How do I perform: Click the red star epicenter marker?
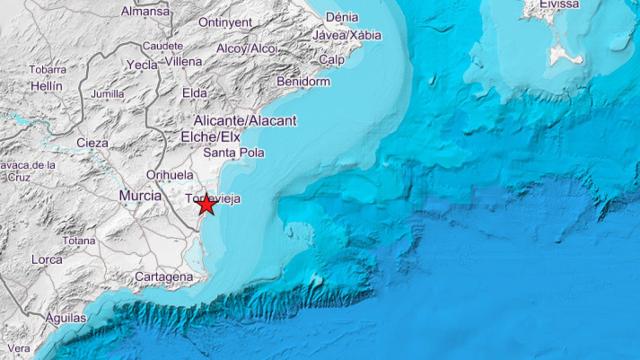pos(206,204)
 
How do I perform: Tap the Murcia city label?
pos(140,196)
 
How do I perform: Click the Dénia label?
pos(342,17)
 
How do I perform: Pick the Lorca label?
pos(46,259)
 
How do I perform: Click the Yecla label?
pos(142,64)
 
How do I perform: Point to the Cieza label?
pos(92,143)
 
